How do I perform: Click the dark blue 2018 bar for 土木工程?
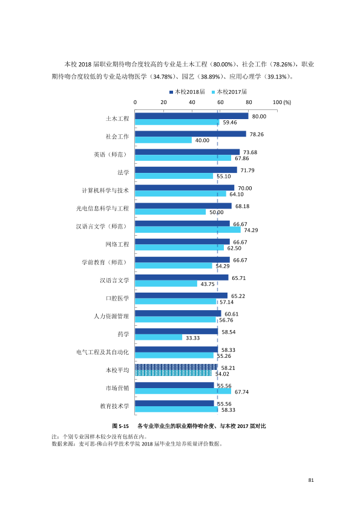click(192, 116)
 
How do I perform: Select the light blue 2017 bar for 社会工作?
click(163, 140)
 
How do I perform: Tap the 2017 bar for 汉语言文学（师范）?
click(188, 230)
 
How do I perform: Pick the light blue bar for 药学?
click(159, 338)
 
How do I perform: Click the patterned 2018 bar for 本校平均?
click(177, 367)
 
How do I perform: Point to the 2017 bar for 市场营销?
click(183, 392)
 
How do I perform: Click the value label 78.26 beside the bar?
click(257, 134)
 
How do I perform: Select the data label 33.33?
click(192, 338)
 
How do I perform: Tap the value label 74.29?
click(251, 230)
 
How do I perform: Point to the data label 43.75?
click(208, 284)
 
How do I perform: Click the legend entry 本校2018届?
click(187, 92)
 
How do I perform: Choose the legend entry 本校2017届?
click(229, 92)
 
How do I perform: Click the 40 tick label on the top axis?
click(192, 102)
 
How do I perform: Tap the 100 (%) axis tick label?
click(282, 102)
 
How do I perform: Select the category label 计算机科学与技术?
click(105, 190)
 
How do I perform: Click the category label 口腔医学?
click(117, 298)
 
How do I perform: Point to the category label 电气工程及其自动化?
click(103, 352)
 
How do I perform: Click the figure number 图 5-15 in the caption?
click(120, 426)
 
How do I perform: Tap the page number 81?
click(311, 480)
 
